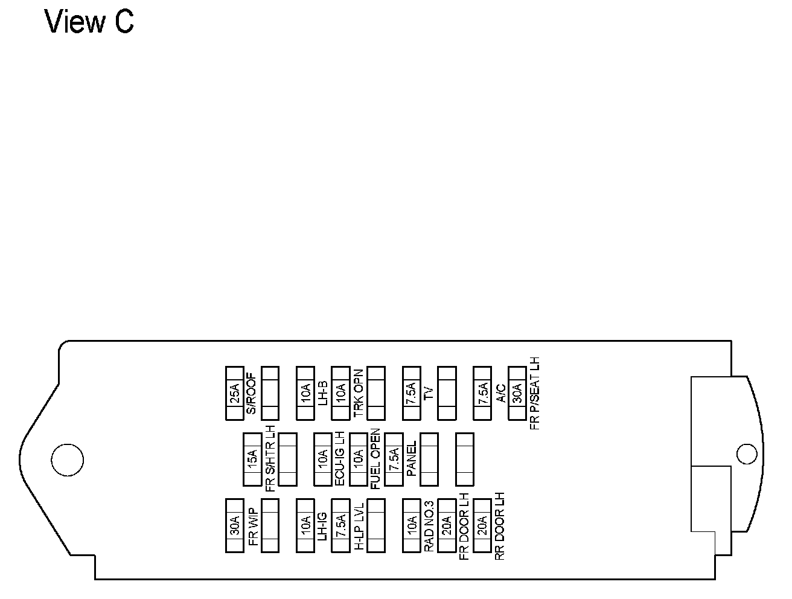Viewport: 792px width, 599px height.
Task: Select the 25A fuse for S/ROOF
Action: coord(234,393)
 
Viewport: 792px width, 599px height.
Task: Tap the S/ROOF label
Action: coord(252,394)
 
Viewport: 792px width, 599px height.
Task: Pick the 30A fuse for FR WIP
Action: coord(234,525)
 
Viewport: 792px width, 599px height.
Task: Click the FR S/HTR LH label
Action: coord(270,459)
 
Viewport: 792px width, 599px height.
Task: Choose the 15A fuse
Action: coord(252,460)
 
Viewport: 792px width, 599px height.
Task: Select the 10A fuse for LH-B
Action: coord(305,393)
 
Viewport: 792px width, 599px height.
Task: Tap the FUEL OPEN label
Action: coord(375,459)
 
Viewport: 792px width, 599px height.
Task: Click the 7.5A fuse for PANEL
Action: coord(394,460)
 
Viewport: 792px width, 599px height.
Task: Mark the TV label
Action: coord(429,394)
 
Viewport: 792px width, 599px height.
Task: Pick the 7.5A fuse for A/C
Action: coord(482,393)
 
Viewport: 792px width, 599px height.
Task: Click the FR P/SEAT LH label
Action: coord(534,393)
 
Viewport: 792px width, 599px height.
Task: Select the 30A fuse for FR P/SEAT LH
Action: coord(517,393)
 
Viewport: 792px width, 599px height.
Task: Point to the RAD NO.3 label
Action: coord(429,525)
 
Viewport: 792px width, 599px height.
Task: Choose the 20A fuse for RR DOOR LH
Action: coord(482,525)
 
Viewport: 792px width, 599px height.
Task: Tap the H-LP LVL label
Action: coord(359,525)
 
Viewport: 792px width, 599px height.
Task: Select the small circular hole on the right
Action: coord(747,454)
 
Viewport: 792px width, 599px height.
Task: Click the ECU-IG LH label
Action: coord(340,459)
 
